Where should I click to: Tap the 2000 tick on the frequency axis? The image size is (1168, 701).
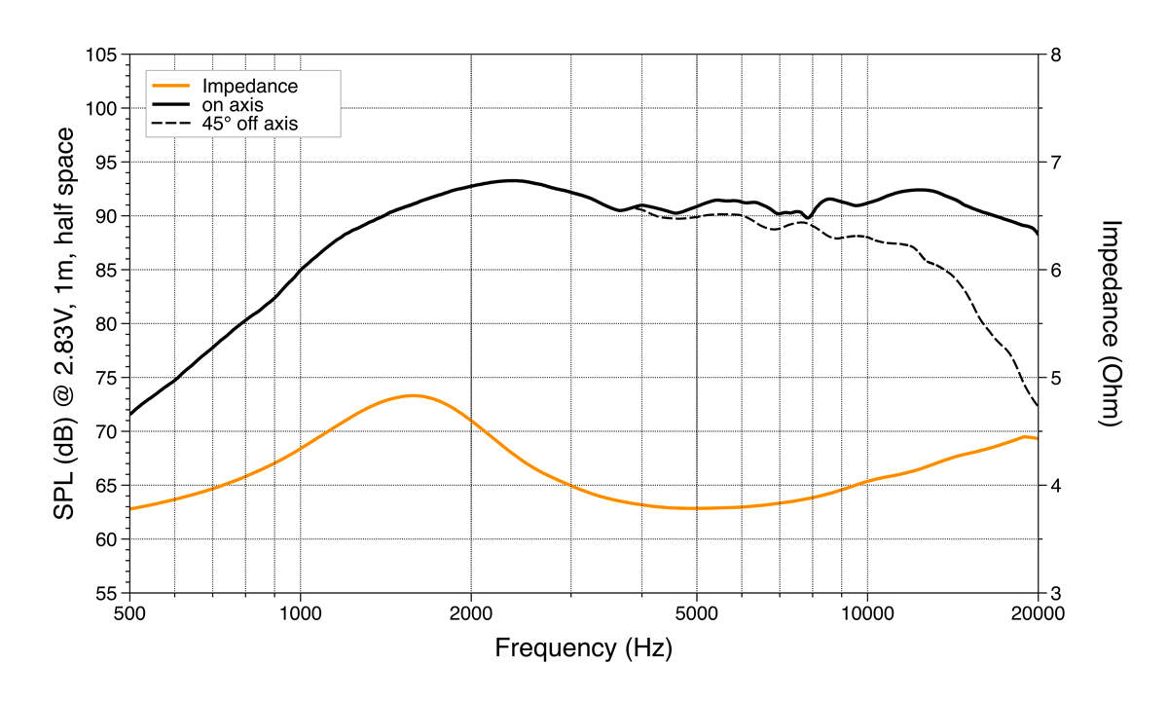(471, 615)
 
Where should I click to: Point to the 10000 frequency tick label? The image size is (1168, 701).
(867, 615)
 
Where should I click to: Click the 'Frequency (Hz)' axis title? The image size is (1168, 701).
(583, 648)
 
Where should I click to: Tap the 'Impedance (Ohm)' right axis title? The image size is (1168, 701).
(1111, 323)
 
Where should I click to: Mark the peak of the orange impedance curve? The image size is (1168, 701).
(413, 395)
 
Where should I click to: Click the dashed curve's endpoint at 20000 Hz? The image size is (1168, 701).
(1038, 405)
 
